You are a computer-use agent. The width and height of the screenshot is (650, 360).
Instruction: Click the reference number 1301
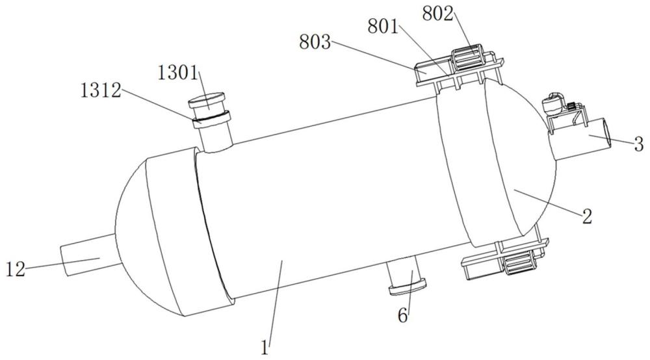click(178, 73)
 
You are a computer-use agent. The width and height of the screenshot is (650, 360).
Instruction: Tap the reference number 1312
click(101, 90)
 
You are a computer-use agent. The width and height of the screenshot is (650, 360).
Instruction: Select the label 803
click(315, 42)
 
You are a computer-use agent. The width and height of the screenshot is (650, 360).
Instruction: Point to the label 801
click(383, 27)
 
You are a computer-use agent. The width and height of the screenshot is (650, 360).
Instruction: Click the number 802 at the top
click(438, 14)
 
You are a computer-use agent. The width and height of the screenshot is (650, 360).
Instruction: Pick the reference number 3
click(639, 144)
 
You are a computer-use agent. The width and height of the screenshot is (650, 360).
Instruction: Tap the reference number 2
click(586, 216)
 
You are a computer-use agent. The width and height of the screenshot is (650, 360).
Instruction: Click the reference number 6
click(402, 316)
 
